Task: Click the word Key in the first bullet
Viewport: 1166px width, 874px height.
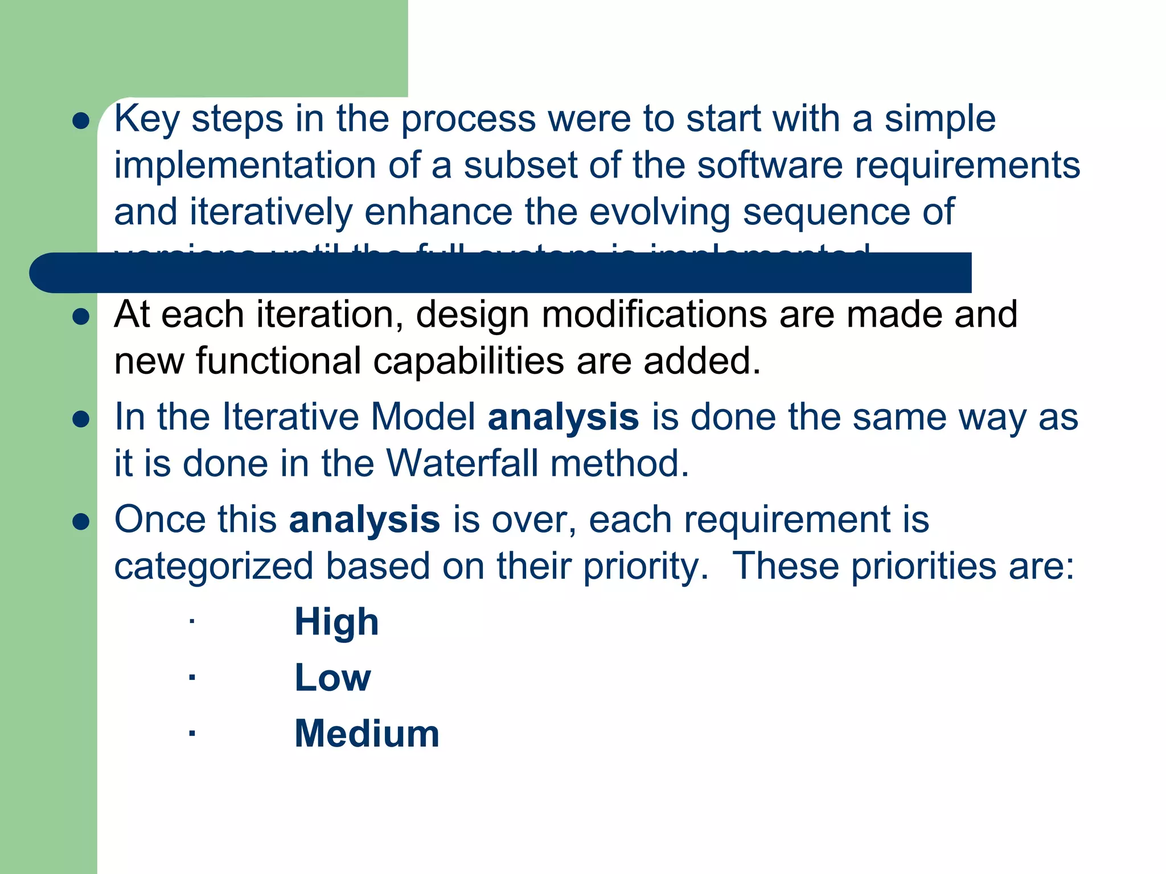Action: tap(147, 119)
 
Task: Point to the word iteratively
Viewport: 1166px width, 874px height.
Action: tap(270, 212)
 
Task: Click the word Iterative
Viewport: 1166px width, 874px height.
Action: tap(290, 417)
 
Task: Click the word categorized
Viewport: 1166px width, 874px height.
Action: tap(214, 567)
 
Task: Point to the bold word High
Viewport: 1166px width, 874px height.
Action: tap(336, 622)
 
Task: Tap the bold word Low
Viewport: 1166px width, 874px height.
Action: tap(332, 678)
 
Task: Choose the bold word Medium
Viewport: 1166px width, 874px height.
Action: tap(367, 733)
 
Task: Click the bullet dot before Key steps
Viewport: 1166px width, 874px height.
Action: tap(81, 121)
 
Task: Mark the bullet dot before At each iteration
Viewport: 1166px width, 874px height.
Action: tap(81, 317)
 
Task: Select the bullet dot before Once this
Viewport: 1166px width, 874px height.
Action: tap(81, 522)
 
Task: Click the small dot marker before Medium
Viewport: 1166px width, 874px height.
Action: tap(192, 733)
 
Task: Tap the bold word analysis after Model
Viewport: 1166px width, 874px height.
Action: tap(563, 417)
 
